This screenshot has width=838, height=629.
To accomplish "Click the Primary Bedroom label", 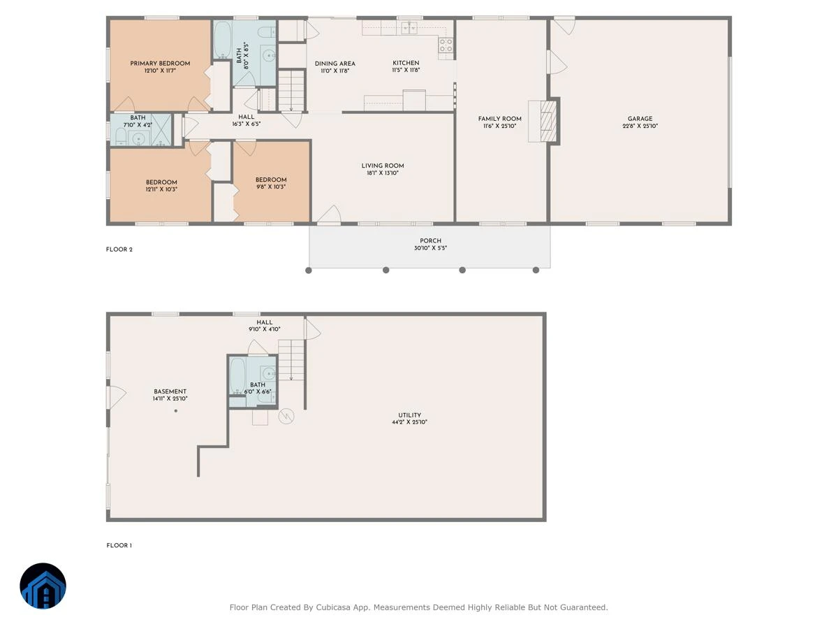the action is [x=160, y=64].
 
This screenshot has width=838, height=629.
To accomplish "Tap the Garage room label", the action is [x=640, y=119].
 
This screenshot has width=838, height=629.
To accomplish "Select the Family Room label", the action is [x=499, y=119].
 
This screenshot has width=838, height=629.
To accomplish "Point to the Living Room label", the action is [x=383, y=166].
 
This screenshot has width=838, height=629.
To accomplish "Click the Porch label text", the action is [x=430, y=240].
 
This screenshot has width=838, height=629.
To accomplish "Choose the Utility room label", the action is [x=409, y=415].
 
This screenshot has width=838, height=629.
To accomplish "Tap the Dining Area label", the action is [x=335, y=64].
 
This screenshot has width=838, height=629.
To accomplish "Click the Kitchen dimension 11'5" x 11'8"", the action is [x=406, y=71].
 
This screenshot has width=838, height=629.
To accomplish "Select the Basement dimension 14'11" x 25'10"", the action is [x=170, y=398].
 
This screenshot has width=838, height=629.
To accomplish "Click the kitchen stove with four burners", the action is [x=446, y=45].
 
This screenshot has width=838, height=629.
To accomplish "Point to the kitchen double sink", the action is [x=409, y=28].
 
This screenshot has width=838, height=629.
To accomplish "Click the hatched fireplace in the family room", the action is [x=548, y=121].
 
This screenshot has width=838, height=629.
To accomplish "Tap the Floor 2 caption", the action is [x=119, y=250].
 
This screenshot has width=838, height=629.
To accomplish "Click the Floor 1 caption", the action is [x=119, y=545].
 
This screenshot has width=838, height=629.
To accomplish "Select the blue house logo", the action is [x=43, y=586].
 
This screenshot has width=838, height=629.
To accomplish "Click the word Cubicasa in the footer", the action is [x=333, y=607].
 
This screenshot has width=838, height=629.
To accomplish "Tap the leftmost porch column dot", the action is [x=309, y=270].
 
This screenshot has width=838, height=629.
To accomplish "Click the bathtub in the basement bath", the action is [x=237, y=376].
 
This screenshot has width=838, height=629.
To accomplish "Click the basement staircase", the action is [x=291, y=360].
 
